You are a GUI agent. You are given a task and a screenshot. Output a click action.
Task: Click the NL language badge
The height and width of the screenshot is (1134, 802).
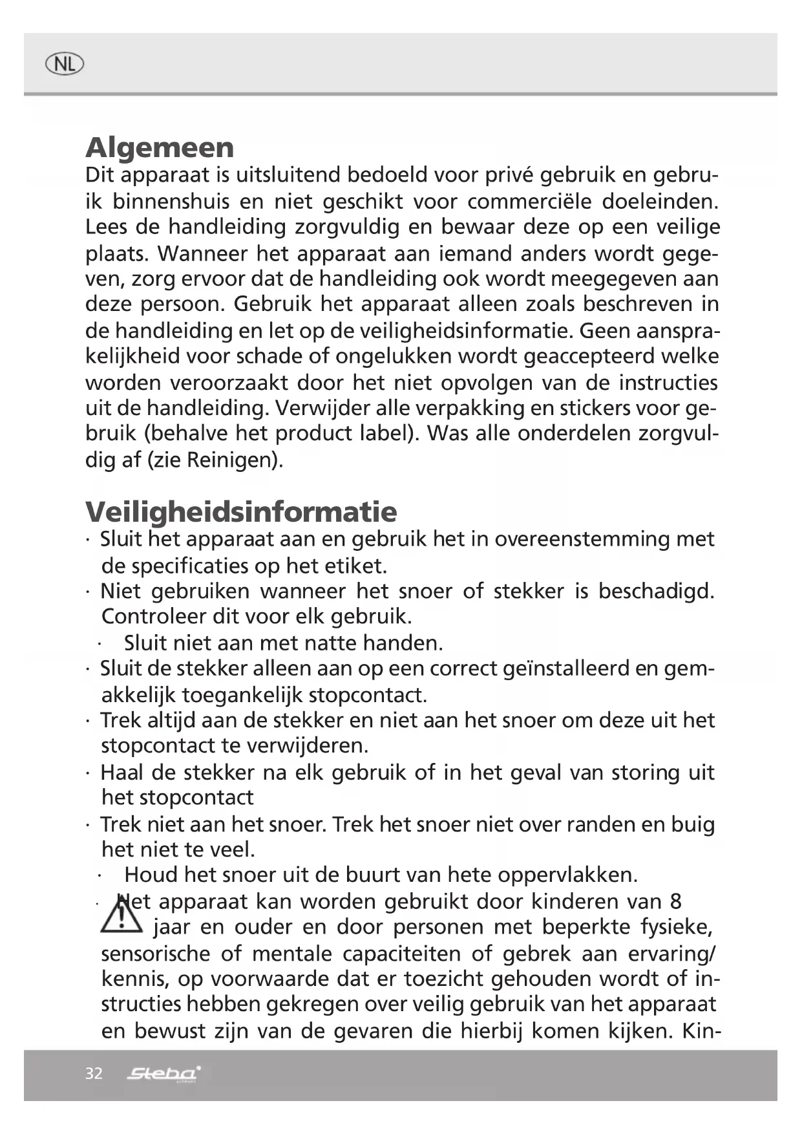(65, 64)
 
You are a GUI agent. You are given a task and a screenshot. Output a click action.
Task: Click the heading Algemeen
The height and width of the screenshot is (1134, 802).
(160, 147)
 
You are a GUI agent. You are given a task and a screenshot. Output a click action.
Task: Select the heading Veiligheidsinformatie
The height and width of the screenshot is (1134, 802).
(241, 511)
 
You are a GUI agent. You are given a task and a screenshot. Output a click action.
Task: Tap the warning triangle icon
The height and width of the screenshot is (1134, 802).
(121, 914)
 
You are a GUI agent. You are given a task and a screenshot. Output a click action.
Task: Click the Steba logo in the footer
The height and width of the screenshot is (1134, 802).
(164, 1074)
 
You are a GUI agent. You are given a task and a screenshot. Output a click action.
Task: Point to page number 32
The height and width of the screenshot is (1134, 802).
(94, 1074)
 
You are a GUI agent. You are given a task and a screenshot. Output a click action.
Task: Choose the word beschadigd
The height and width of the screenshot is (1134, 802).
(656, 591)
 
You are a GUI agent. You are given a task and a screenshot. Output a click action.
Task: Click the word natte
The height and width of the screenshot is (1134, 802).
(327, 643)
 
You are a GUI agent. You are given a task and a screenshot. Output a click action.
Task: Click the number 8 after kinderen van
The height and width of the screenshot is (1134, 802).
(675, 901)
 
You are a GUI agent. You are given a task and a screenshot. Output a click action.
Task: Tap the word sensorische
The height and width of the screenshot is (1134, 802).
(156, 954)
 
